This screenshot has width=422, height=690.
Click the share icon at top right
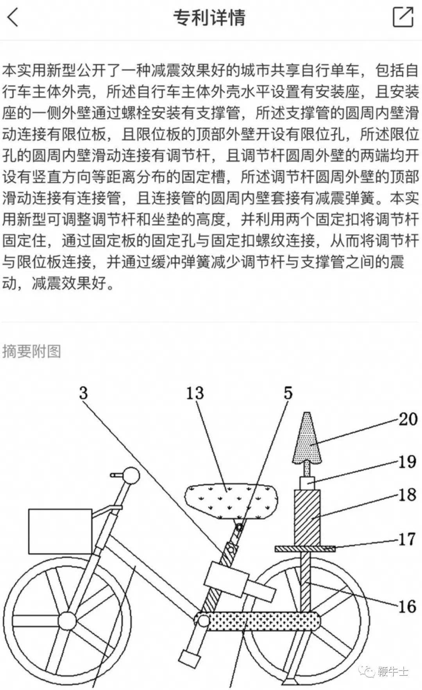(402, 17)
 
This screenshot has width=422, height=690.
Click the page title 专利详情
(209, 18)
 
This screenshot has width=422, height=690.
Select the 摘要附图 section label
(32, 351)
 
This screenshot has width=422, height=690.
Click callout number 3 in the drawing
(83, 393)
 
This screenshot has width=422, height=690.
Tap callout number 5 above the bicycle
(288, 393)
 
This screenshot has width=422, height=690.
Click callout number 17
(406, 539)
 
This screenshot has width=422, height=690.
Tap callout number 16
(407, 606)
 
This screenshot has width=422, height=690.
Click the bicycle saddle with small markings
(231, 501)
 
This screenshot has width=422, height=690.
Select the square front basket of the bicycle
(60, 531)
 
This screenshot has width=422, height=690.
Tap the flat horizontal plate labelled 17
(305, 549)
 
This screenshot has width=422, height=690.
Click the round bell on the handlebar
(131, 475)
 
